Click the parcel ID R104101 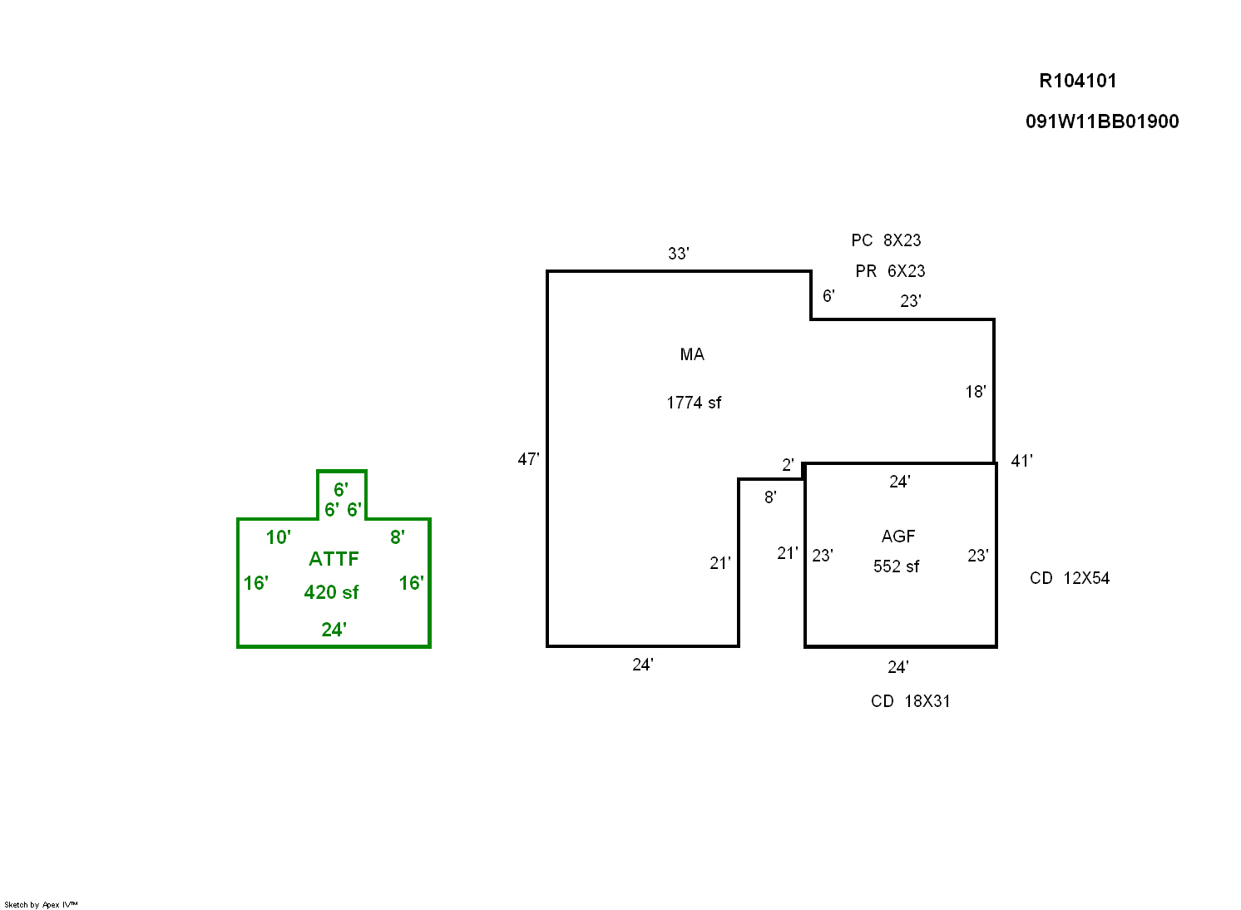(1077, 81)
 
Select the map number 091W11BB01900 (1101, 121)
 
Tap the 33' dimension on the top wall (678, 254)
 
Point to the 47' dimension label (528, 459)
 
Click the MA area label (692, 355)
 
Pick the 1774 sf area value (694, 403)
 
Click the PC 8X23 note (886, 240)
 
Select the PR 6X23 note (890, 271)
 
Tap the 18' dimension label (976, 392)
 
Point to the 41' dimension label (1021, 461)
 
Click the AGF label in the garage (898, 537)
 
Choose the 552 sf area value (896, 567)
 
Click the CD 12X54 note (1069, 578)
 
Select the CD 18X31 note (910, 701)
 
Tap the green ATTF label (334, 559)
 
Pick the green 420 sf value (331, 592)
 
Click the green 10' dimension (278, 537)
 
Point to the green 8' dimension (398, 537)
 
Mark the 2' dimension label (788, 465)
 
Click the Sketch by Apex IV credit (41, 904)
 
